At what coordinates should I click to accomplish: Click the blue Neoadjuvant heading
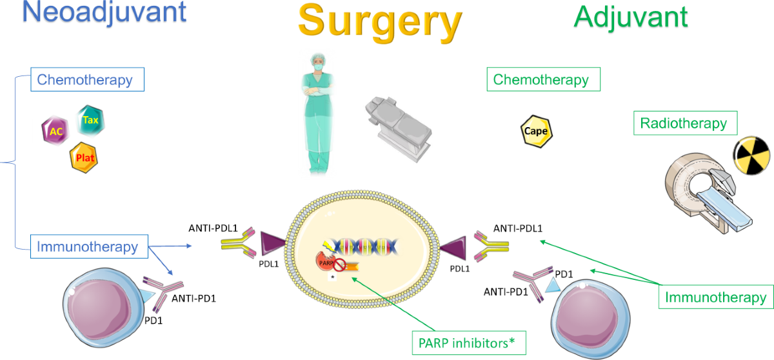[x=104, y=13]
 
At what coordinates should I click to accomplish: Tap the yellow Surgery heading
[x=380, y=23]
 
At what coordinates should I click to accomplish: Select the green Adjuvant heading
[x=631, y=18]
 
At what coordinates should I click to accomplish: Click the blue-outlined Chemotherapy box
[x=88, y=79]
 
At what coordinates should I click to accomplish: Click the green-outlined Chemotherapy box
[x=544, y=79]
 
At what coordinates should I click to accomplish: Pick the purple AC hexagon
[x=55, y=130]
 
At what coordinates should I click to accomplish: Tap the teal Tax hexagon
[x=90, y=120]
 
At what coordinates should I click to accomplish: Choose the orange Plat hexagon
[x=84, y=157]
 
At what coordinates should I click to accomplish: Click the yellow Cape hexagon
[x=536, y=131]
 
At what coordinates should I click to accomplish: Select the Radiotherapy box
[x=686, y=123]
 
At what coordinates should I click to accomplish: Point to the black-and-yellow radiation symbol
[x=752, y=155]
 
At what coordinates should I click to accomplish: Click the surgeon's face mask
[x=319, y=66]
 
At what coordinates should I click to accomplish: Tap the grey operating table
[x=399, y=128]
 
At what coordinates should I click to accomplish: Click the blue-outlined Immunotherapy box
[x=89, y=246]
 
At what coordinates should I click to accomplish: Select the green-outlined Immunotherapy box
[x=716, y=297]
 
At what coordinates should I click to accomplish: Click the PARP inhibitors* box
[x=469, y=343]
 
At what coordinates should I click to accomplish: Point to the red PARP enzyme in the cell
[x=325, y=262]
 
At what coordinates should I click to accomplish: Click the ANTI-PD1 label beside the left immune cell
[x=194, y=299]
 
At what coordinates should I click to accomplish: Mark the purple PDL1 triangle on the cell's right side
[x=454, y=248]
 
